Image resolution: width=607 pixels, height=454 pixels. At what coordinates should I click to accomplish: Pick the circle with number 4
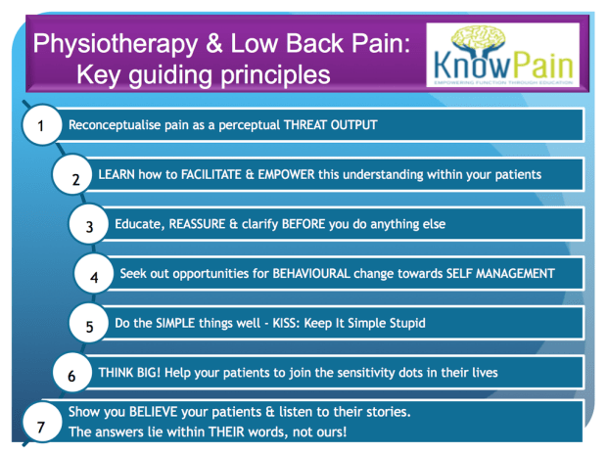coord(94,276)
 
